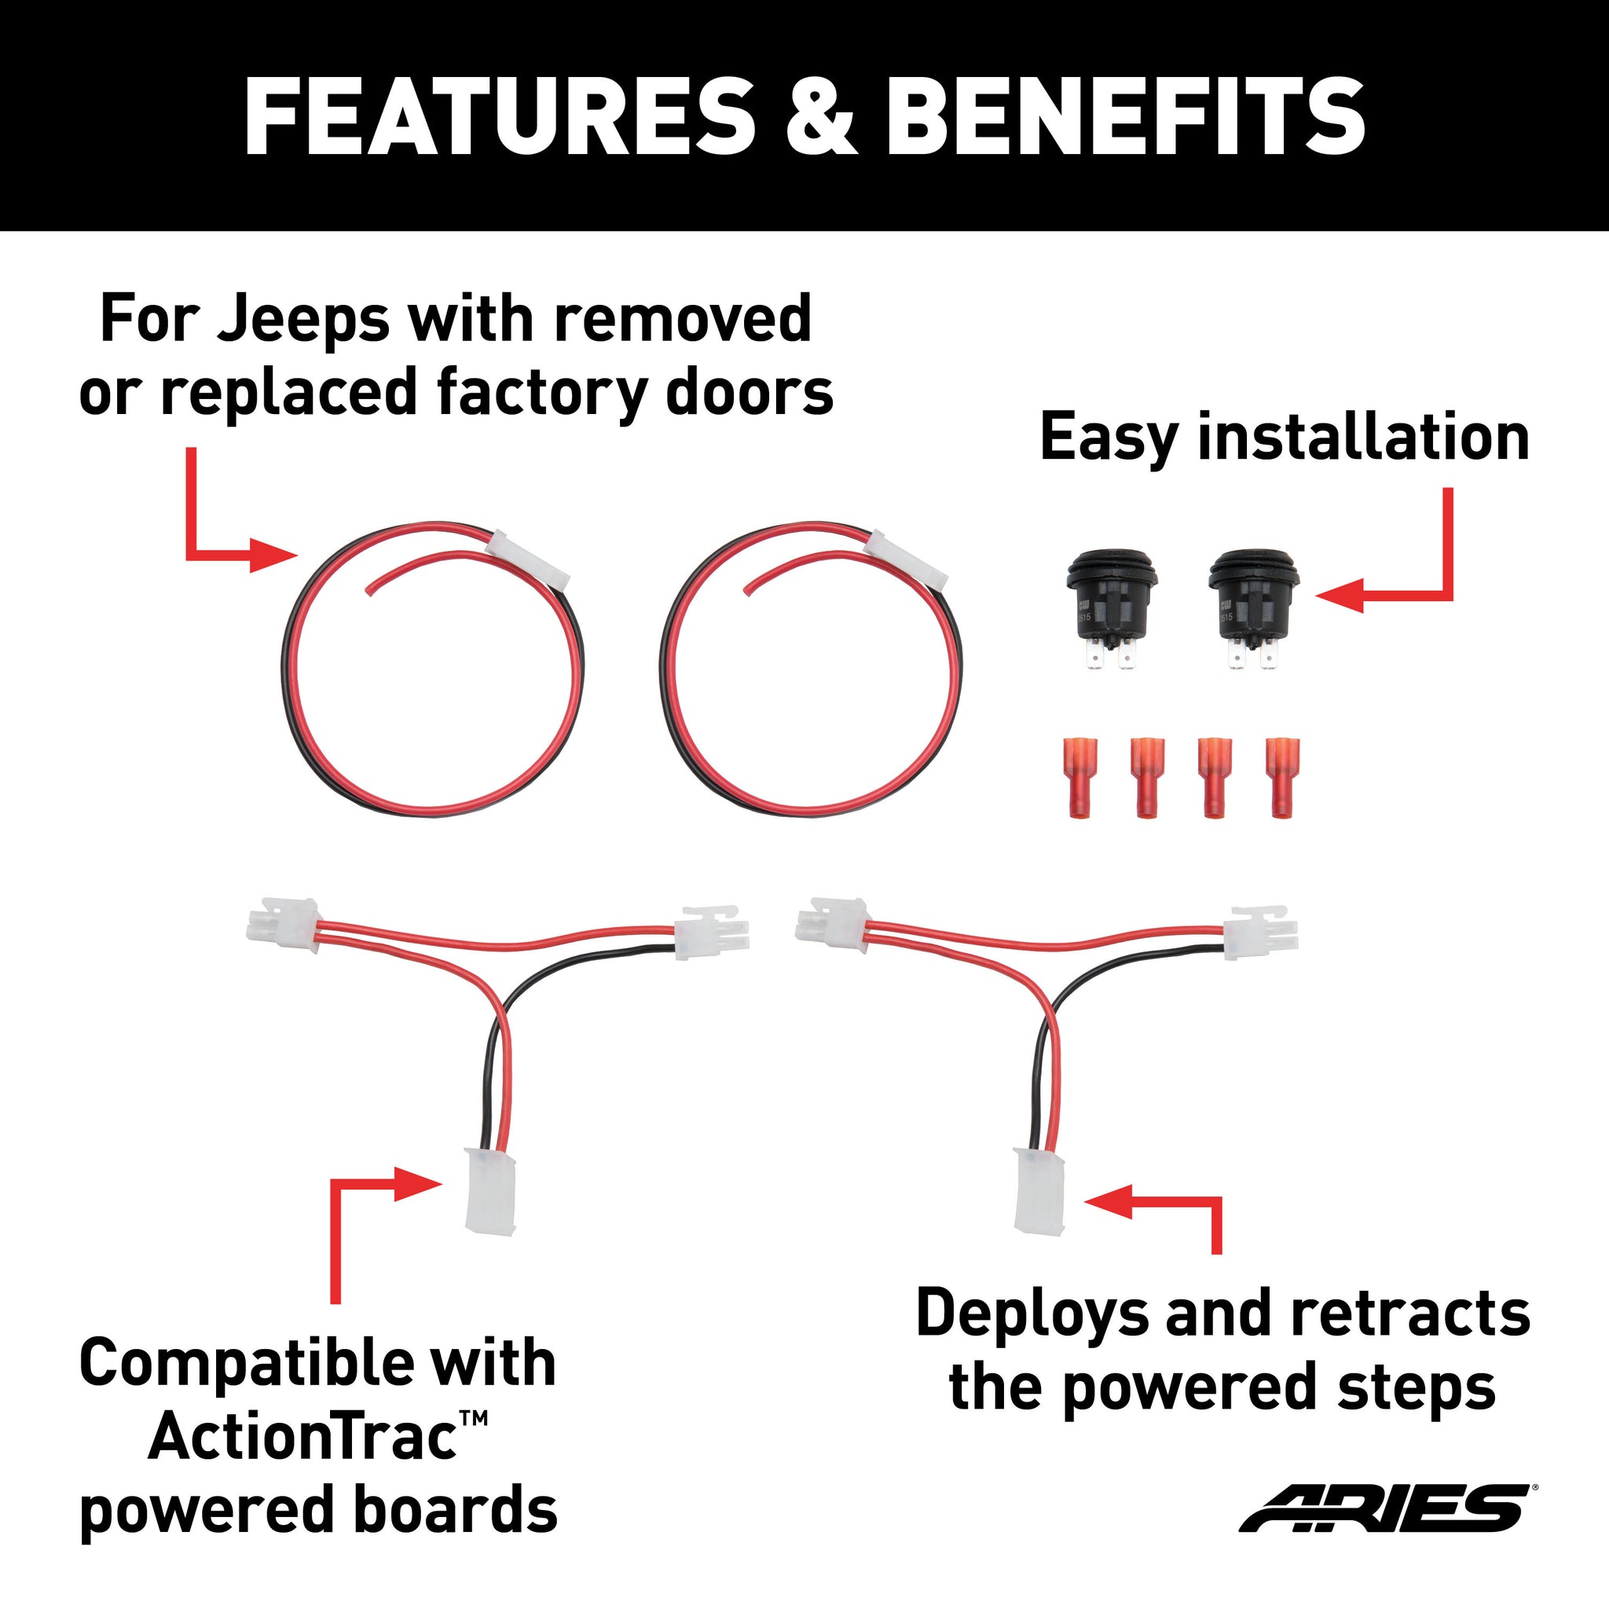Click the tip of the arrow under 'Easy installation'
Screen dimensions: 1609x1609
(x=1317, y=596)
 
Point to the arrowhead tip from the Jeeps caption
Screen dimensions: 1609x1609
(x=297, y=555)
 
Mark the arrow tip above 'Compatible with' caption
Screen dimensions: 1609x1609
(x=441, y=1183)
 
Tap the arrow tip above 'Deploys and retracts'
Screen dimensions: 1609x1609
(x=1085, y=1201)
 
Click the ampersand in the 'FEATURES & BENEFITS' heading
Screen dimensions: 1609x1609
(x=819, y=117)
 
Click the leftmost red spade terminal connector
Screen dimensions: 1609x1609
(x=1080, y=778)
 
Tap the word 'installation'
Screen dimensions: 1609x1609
(x=1363, y=438)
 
